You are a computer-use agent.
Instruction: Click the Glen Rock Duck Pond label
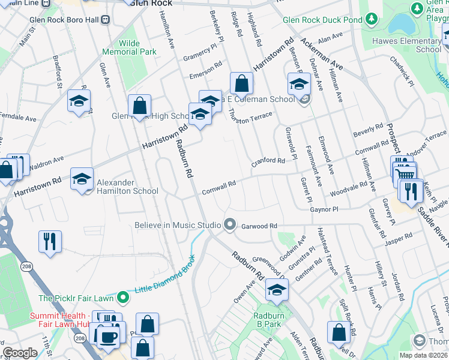322,20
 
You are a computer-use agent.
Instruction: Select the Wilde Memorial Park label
137,48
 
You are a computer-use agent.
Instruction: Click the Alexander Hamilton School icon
82,178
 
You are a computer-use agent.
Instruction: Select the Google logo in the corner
20,353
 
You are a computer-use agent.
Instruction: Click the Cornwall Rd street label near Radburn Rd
218,188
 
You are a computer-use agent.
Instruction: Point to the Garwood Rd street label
258,226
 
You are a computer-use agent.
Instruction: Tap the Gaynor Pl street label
325,210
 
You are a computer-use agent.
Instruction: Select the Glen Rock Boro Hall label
65,19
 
